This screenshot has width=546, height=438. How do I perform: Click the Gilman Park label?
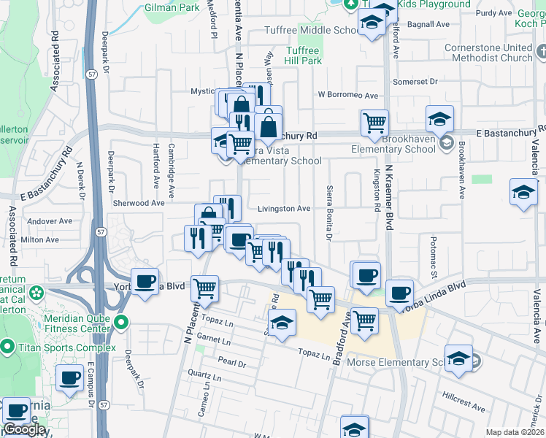tap(172, 7)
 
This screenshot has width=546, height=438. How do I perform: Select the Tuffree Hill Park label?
tap(302, 56)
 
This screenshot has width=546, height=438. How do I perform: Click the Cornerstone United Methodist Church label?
tap(488, 53)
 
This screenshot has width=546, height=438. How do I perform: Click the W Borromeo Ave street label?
tap(347, 96)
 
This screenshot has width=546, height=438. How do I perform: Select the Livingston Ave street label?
tap(284, 209)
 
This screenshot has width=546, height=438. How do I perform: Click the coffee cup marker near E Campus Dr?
tap(69, 378)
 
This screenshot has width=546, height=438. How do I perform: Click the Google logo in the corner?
tap(24, 429)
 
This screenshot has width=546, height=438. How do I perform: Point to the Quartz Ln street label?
tap(203, 380)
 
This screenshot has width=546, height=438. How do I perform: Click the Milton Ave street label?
tap(41, 239)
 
